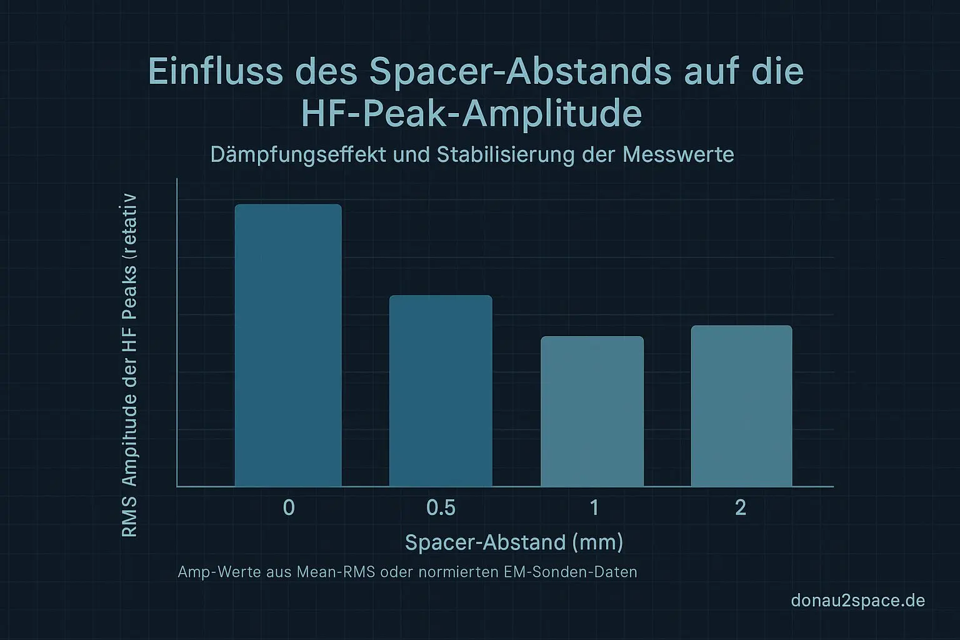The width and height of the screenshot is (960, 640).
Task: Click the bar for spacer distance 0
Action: pyautogui.click(x=288, y=345)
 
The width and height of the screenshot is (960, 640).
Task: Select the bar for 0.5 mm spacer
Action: pyautogui.click(x=441, y=391)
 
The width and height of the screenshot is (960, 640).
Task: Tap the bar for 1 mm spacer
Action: pyautogui.click(x=592, y=411)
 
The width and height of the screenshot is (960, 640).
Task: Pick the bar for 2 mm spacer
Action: pyautogui.click(x=741, y=406)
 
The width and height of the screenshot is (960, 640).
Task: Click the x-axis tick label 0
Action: pyautogui.click(x=289, y=507)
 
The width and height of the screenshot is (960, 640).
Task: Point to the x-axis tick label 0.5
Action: pyautogui.click(x=441, y=507)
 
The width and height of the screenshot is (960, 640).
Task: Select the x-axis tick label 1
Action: pyautogui.click(x=594, y=507)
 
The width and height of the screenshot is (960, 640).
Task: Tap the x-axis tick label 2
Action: pyautogui.click(x=741, y=507)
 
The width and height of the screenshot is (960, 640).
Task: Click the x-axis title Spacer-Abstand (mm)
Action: pyautogui.click(x=514, y=542)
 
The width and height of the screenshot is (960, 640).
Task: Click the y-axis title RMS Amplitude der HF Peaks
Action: pyautogui.click(x=129, y=366)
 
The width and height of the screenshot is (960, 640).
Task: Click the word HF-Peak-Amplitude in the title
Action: pyautogui.click(x=472, y=113)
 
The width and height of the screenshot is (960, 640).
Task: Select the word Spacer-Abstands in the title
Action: pyautogui.click(x=520, y=71)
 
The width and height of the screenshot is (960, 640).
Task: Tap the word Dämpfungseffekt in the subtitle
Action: pyautogui.click(x=298, y=154)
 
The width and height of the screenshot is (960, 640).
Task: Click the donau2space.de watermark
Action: pyautogui.click(x=857, y=601)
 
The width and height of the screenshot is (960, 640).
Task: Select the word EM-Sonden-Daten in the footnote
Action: pyautogui.click(x=570, y=572)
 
